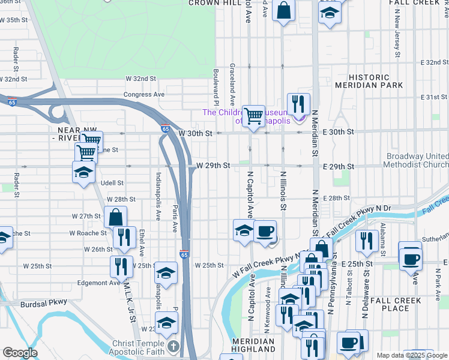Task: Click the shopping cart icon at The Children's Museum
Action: [x=254, y=116]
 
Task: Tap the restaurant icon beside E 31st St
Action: [x=298, y=103]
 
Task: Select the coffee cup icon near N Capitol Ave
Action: [x=265, y=231]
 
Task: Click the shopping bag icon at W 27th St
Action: [x=115, y=217]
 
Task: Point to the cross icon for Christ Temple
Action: [x=173, y=346]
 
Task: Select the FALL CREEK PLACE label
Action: [x=398, y=304]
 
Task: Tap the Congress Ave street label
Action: [x=144, y=95]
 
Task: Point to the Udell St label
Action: [x=112, y=183]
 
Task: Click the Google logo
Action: [x=20, y=353]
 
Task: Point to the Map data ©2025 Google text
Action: [x=412, y=355]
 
